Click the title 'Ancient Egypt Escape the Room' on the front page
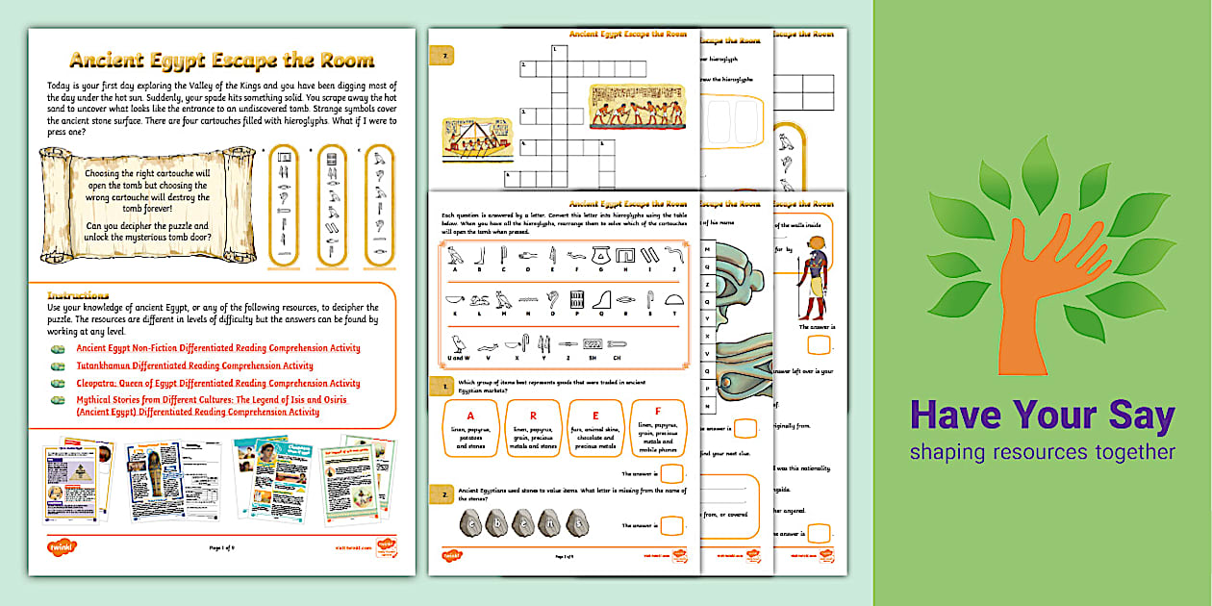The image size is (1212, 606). pyautogui.click(x=222, y=61)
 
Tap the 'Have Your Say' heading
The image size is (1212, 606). pyautogui.click(x=1042, y=416)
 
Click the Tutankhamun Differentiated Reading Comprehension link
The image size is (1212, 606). pyautogui.click(x=194, y=366)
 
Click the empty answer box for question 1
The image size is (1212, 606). pyautogui.click(x=673, y=474)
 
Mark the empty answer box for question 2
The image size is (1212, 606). pyautogui.click(x=673, y=525)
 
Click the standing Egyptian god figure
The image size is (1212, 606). pyautogui.click(x=812, y=284)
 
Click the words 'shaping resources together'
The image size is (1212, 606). pyautogui.click(x=1042, y=452)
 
